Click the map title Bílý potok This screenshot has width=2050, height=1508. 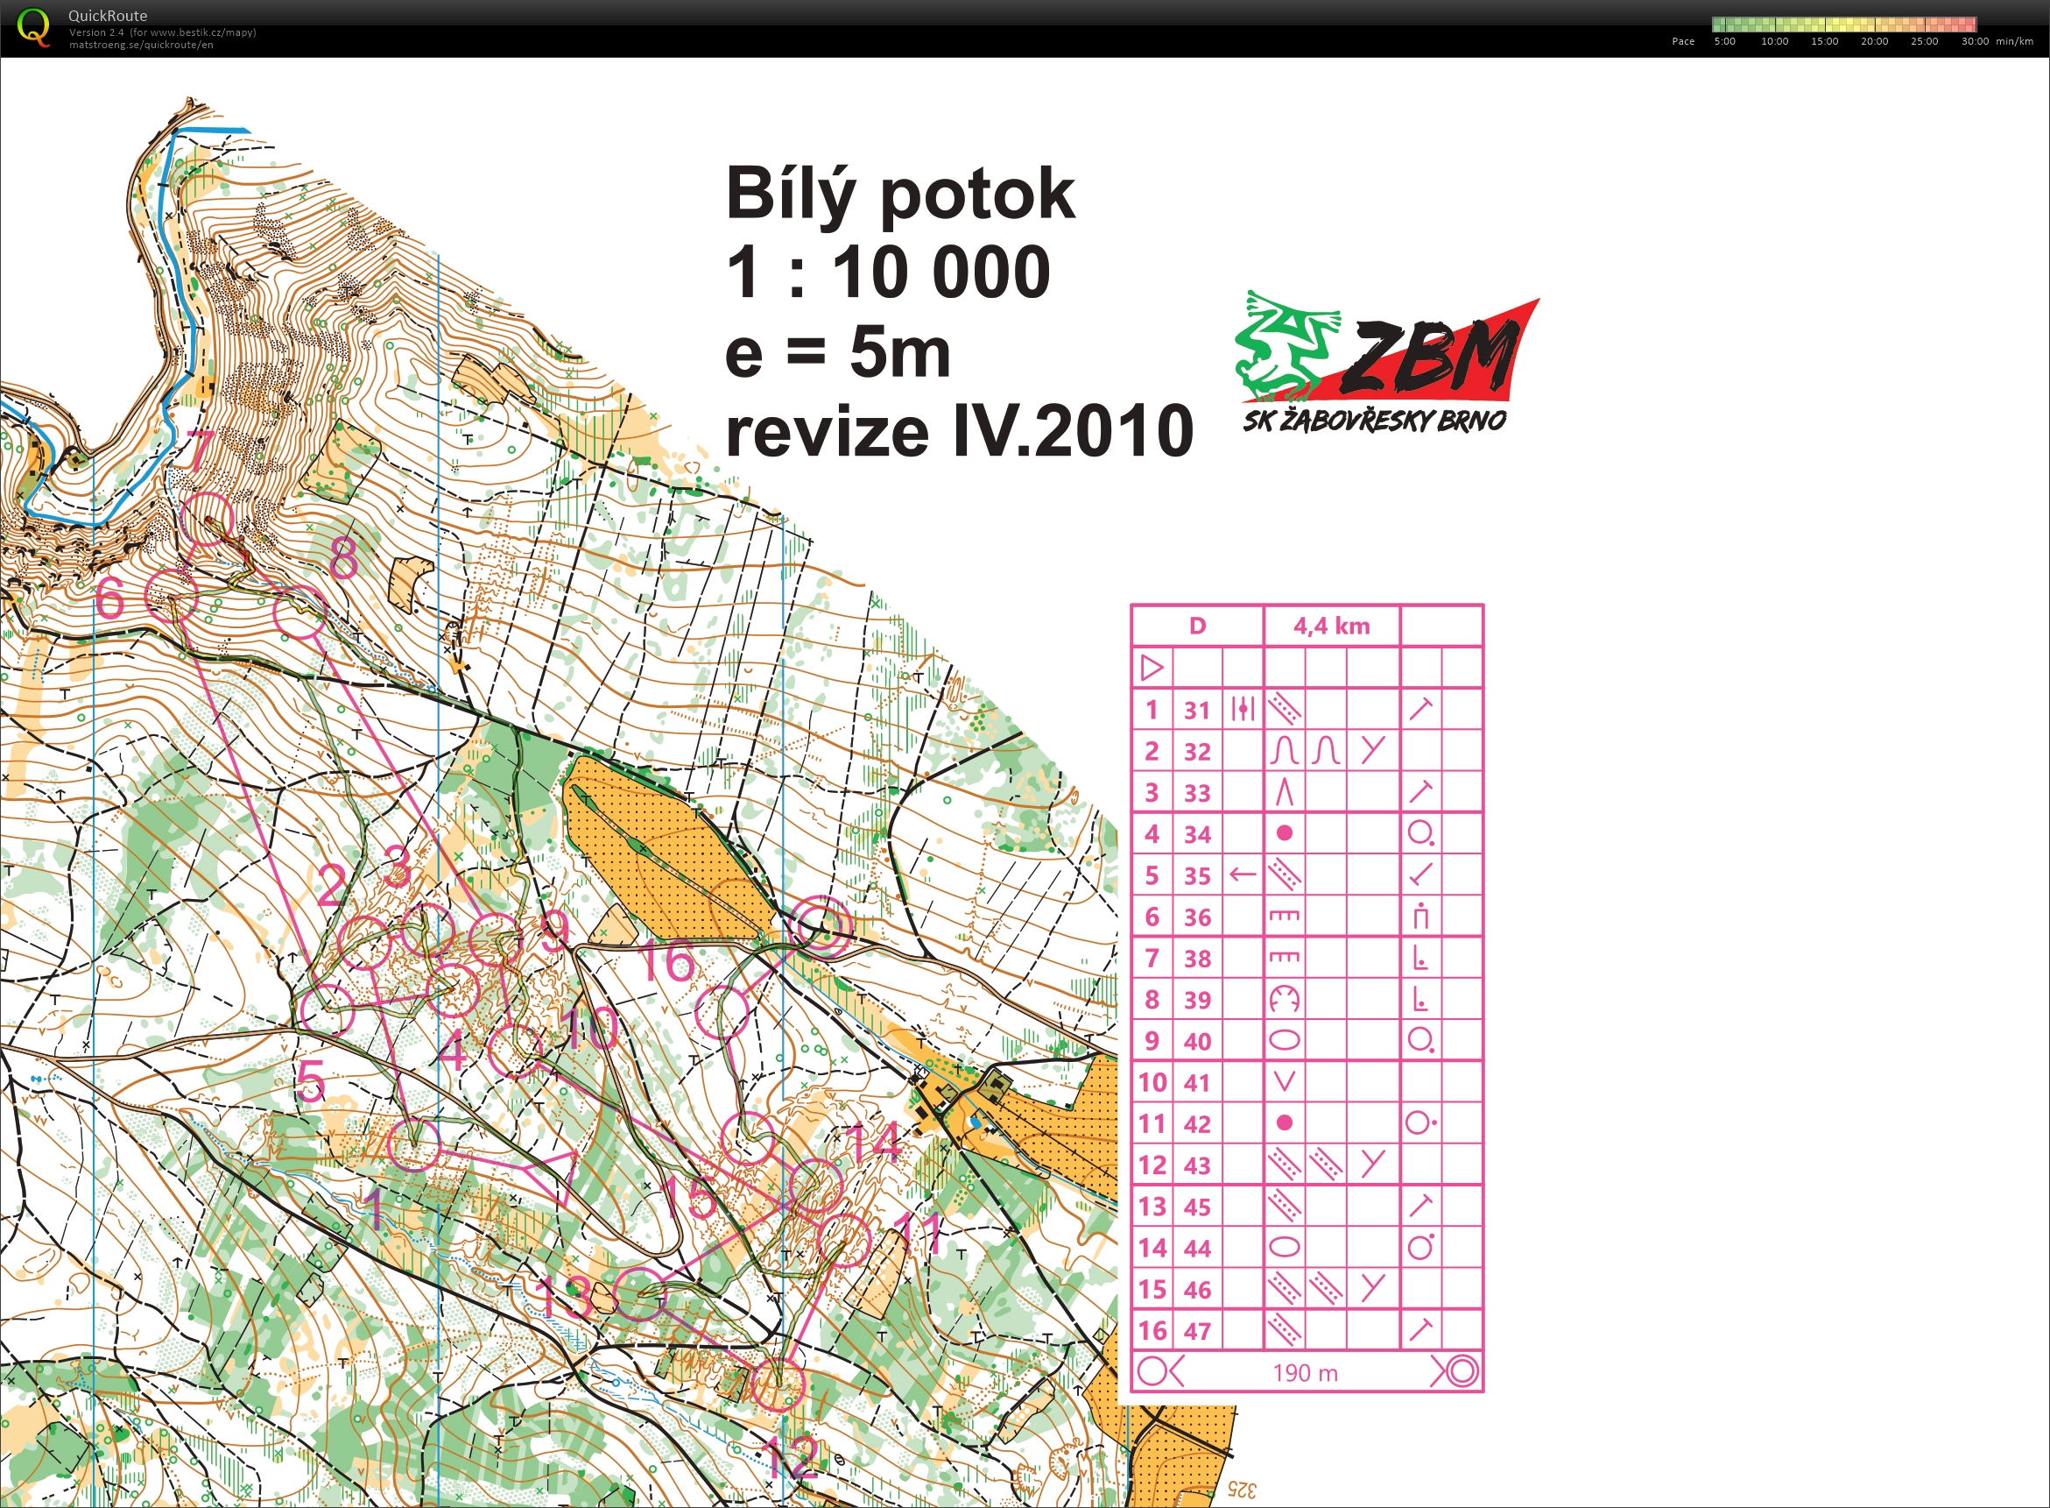(899, 195)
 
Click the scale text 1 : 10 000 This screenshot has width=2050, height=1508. (888, 273)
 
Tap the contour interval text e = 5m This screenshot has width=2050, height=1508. (836, 353)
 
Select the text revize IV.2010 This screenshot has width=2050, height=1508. (958, 432)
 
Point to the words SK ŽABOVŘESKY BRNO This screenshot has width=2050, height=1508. (1374, 421)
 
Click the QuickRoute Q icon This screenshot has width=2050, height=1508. (34, 26)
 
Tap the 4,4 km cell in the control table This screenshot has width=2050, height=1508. (1331, 627)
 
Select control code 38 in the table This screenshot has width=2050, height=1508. (1197, 959)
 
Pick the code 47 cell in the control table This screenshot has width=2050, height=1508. (1197, 1331)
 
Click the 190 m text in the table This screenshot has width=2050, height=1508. (1305, 1373)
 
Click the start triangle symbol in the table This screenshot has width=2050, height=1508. (1152, 669)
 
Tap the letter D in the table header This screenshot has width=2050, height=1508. (1197, 627)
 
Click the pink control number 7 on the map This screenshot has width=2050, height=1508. (201, 450)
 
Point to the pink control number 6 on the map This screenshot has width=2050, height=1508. (109, 599)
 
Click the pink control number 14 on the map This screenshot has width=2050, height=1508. (875, 1141)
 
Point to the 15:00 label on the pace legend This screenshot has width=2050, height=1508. (1824, 41)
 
